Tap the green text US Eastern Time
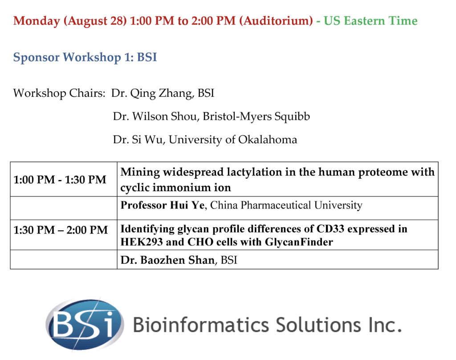click(x=370, y=20)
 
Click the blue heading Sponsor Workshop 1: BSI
click(x=85, y=57)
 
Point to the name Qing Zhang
click(x=161, y=94)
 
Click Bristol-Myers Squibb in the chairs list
click(x=256, y=117)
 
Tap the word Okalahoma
click(x=268, y=140)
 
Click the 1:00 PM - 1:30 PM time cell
click(x=60, y=180)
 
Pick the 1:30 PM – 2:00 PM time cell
click(x=61, y=230)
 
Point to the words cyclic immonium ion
click(x=175, y=188)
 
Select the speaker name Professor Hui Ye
click(x=162, y=205)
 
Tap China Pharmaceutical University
click(x=286, y=205)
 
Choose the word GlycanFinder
click(x=299, y=242)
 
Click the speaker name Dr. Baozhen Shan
click(x=167, y=260)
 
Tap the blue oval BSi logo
click(x=85, y=324)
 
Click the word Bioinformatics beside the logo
click(x=201, y=325)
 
